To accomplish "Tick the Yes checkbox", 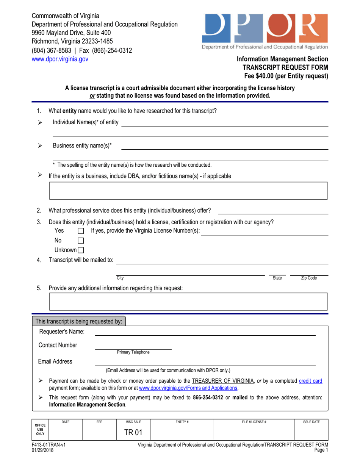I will (80, 231).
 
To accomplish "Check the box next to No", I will (80, 241).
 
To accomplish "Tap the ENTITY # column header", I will (182, 422).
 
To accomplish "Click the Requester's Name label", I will (62, 332).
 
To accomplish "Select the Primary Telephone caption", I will (133, 352).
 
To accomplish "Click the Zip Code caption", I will (309, 278).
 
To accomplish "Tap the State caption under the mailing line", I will (277, 278).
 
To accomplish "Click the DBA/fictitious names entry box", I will (188, 191).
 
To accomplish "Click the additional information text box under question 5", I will (188, 302).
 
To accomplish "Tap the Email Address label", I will (55, 361).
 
